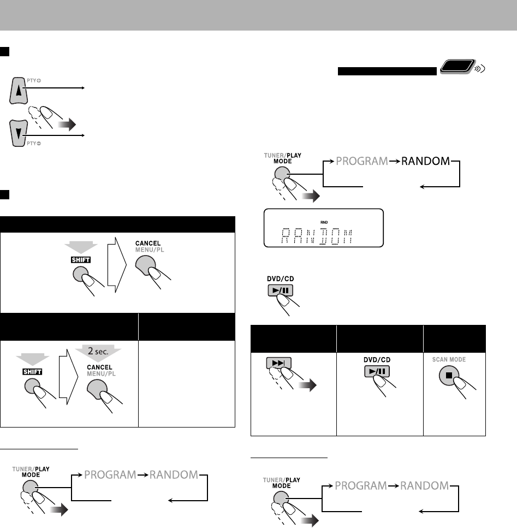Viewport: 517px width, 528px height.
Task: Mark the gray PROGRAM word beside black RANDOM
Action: [364, 162]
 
